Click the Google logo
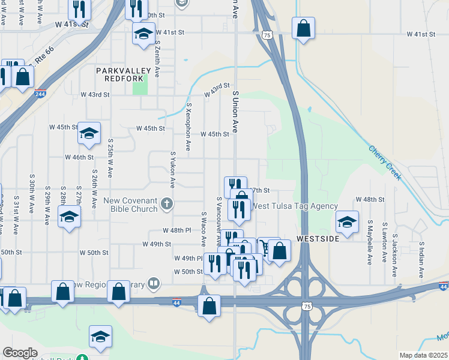point(20,353)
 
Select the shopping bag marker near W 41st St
point(304,28)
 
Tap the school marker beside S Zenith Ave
point(143,34)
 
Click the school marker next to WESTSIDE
point(346,222)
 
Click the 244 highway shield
point(40,94)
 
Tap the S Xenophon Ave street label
point(188,127)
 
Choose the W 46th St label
point(79,157)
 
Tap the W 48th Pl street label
point(176,230)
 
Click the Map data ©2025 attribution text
point(423,355)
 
